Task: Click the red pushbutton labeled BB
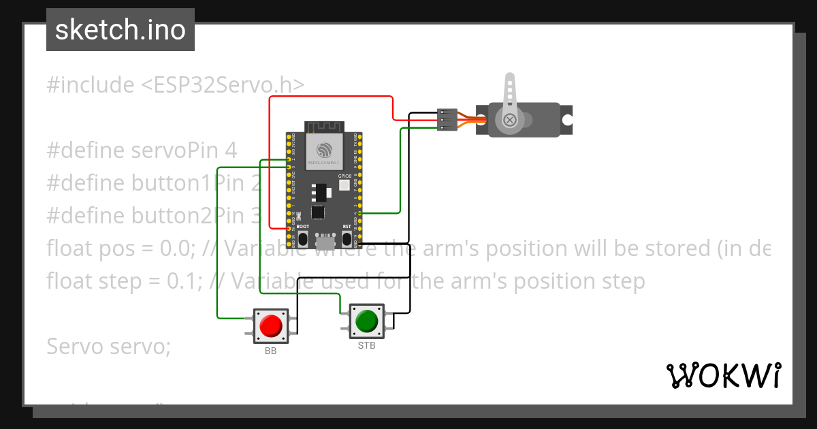[x=270, y=325]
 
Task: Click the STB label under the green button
[x=366, y=345]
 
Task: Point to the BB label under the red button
[x=270, y=351]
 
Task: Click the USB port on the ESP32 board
[x=325, y=240]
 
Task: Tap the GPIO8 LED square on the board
[x=344, y=185]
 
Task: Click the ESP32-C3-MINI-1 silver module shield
[x=324, y=150]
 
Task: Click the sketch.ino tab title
[x=121, y=30]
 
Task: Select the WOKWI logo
[x=723, y=375]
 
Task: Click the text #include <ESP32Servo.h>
[x=176, y=84]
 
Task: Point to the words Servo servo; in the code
[x=108, y=346]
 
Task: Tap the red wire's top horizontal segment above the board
[x=331, y=97]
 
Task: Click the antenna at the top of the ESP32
[x=324, y=127]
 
